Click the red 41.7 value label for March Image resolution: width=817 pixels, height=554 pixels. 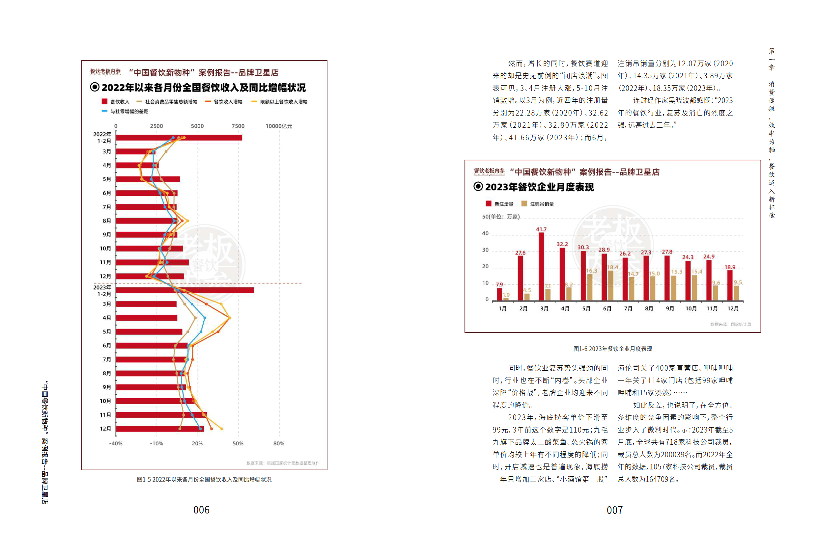pyautogui.click(x=541, y=229)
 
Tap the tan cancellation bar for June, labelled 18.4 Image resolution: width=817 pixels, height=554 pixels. pyautogui.click(x=611, y=285)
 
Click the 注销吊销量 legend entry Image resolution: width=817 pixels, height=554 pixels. pyautogui.click(x=538, y=204)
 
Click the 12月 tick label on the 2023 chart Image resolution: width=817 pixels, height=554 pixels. pyautogui.click(x=733, y=308)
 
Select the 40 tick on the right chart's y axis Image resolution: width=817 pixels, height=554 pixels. pyautogui.click(x=485, y=233)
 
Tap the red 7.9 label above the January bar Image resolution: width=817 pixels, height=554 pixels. pyautogui.click(x=499, y=284)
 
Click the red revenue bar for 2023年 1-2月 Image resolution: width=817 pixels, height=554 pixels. pyautogui.click(x=184, y=290)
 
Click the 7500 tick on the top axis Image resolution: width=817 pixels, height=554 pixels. pyautogui.click(x=238, y=126)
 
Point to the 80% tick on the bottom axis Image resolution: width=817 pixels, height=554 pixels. pyautogui.click(x=279, y=443)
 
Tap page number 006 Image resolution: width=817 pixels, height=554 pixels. pyautogui.click(x=201, y=510)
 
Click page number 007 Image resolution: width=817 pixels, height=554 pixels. pyautogui.click(x=614, y=510)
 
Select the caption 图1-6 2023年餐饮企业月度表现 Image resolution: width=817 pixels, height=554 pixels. pyautogui.click(x=612, y=349)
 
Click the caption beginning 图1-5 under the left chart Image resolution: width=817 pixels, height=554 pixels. pyautogui.click(x=204, y=480)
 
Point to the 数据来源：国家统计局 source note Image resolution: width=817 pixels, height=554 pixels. pyautogui.click(x=730, y=324)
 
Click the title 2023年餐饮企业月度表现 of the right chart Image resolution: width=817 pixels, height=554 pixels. pyautogui.click(x=539, y=187)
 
